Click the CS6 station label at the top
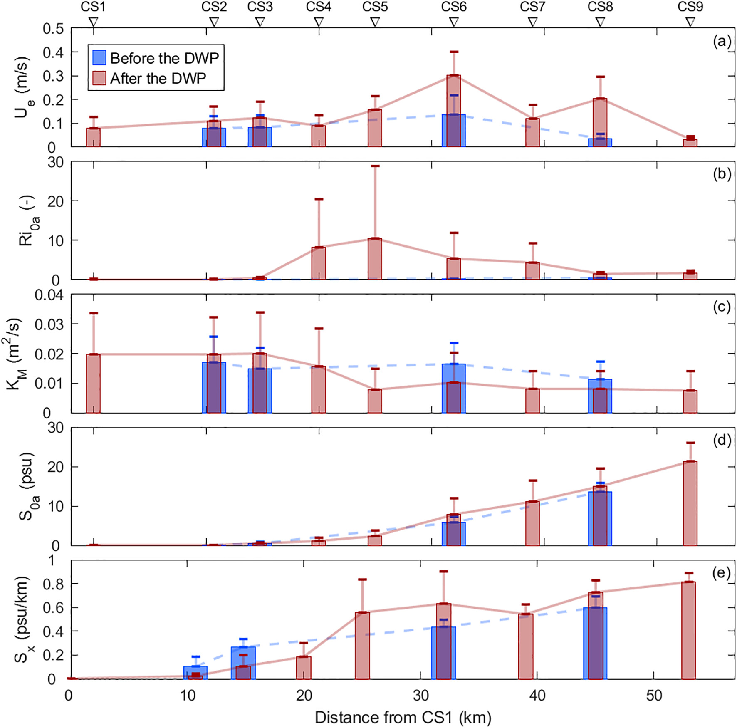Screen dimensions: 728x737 point(454,7)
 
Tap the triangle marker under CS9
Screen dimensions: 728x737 point(690,22)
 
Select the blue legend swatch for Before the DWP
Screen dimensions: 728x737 point(99,57)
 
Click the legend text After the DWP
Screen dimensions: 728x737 point(158,78)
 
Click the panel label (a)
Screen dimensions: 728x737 point(722,41)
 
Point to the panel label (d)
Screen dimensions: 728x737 point(722,440)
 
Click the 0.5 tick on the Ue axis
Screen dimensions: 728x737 point(53,29)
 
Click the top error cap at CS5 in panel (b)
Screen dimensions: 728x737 point(375,166)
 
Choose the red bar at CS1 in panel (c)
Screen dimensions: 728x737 point(93,383)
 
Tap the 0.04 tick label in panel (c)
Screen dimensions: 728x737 point(49,295)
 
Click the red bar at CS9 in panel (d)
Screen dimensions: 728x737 point(690,503)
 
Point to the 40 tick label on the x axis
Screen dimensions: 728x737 point(537,696)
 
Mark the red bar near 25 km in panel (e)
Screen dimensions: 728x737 point(362,645)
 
